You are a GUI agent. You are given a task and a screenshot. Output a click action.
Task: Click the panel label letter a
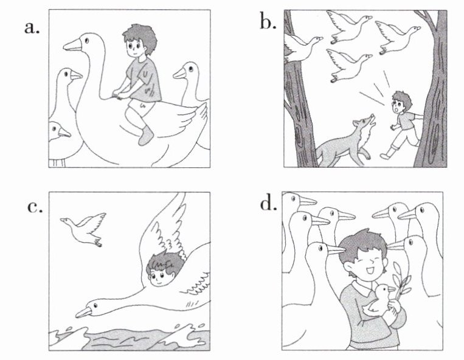(x=32, y=28)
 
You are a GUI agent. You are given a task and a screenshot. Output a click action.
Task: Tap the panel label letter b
(x=268, y=22)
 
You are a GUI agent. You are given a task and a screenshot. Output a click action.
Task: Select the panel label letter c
(x=35, y=207)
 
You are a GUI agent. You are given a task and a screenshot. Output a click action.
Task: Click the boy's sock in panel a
(x=146, y=136)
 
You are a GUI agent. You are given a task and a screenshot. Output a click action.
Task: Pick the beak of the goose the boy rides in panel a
(x=72, y=45)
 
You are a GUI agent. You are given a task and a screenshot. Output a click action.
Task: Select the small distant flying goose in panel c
(x=84, y=229)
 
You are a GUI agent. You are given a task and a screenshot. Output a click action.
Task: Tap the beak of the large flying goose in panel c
(x=85, y=312)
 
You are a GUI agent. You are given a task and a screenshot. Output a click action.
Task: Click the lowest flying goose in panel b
(x=348, y=65)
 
